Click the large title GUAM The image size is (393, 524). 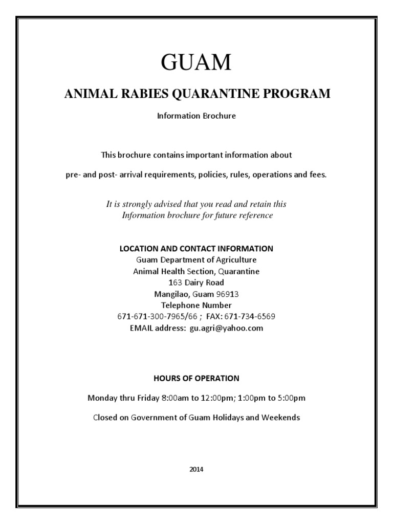[196, 62]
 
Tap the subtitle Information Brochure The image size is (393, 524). [196, 116]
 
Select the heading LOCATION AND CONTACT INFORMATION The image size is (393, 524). [196, 248]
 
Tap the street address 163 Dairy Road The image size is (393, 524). [196, 282]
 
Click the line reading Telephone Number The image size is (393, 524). [196, 305]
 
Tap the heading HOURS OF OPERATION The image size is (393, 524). [196, 379]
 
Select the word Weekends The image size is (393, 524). [281, 418]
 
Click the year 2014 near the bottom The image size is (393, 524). [196, 469]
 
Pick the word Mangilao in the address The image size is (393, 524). [171, 294]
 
